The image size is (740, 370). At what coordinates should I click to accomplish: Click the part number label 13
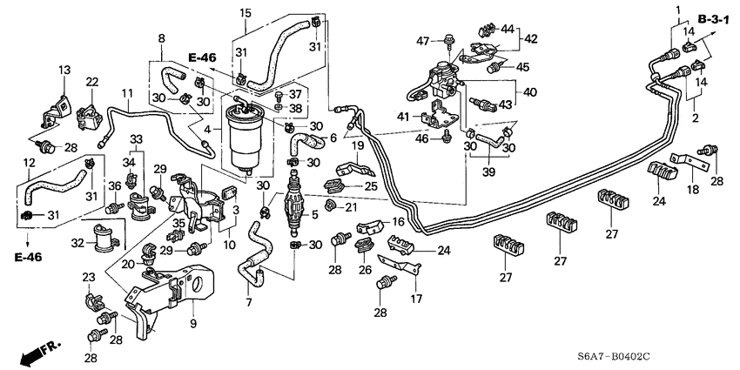(x=64, y=70)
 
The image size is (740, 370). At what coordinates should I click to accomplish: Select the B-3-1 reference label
(x=714, y=17)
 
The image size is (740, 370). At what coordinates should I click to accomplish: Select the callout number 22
(x=91, y=81)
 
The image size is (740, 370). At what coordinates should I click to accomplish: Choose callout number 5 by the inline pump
(x=315, y=215)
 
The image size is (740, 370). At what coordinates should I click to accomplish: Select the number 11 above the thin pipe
(x=127, y=93)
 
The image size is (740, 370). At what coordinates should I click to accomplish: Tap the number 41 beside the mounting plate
(x=405, y=117)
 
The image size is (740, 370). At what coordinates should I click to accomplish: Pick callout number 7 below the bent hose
(x=249, y=301)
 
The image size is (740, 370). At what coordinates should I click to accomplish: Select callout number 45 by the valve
(x=522, y=66)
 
